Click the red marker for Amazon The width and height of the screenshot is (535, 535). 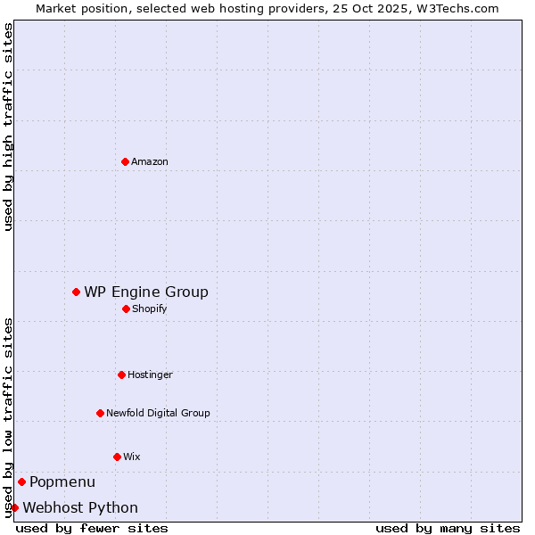point(125,161)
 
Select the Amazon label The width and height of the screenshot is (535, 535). point(150,161)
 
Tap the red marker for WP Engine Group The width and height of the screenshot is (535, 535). point(77,292)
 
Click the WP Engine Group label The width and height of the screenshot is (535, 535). point(146,292)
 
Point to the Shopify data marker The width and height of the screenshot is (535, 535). point(126,309)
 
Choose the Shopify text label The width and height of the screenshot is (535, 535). point(150,309)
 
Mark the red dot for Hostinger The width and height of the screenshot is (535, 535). point(121,374)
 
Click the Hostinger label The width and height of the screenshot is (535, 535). point(150,374)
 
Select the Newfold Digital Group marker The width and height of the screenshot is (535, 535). point(100,413)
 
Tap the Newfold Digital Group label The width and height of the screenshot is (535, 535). point(158,413)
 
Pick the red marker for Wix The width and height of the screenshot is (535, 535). point(117,457)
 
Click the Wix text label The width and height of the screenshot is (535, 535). point(132,457)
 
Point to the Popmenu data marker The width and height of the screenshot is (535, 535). point(21,481)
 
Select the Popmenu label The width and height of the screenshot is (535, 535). point(62,482)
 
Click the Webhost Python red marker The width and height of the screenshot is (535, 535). point(14,507)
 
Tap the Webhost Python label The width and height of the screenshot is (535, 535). point(80,508)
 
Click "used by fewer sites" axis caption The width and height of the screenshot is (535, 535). point(92,528)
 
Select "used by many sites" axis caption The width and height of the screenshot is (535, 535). point(448,528)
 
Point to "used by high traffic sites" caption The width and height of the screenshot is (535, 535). point(8,127)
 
